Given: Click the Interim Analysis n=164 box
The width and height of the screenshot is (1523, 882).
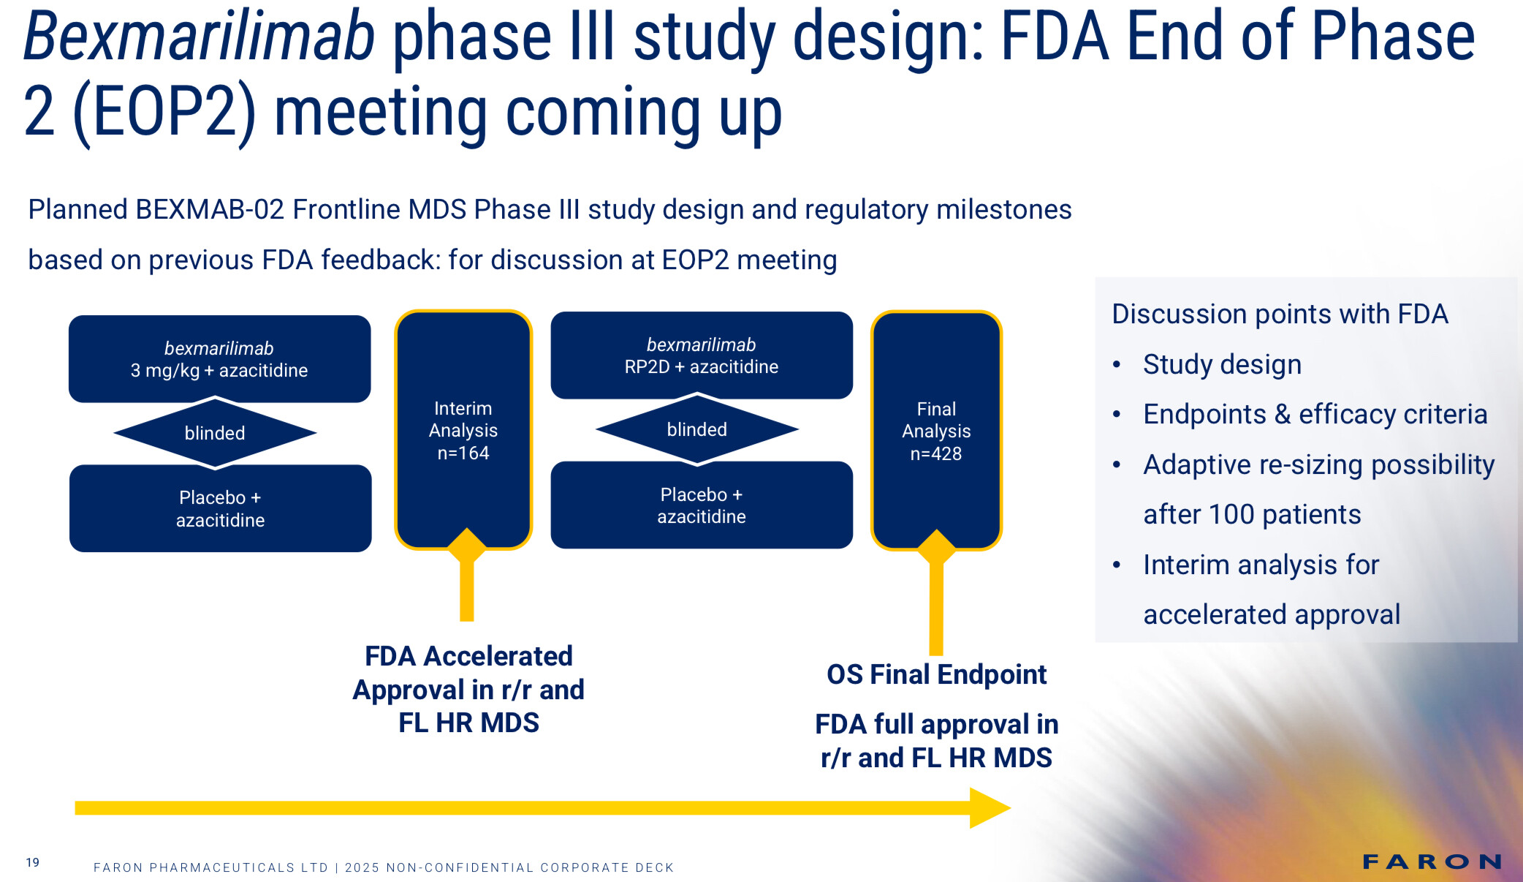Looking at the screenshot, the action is click(x=463, y=430).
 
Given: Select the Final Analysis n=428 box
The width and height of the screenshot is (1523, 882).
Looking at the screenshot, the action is click(x=936, y=430).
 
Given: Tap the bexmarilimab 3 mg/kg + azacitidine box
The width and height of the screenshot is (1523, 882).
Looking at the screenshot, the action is click(x=219, y=358).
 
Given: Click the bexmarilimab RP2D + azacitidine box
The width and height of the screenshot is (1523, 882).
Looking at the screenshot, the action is click(x=702, y=355).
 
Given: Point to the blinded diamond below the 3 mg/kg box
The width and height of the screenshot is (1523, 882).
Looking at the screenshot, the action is click(x=215, y=433).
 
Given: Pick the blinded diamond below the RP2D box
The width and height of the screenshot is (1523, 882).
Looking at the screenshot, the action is click(x=697, y=429).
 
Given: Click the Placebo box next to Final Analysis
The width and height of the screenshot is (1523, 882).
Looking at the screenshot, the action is click(x=702, y=505).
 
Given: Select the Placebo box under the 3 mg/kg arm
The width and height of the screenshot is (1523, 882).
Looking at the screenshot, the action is click(x=220, y=508).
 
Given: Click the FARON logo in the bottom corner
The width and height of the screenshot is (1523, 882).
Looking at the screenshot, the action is click(x=1432, y=862).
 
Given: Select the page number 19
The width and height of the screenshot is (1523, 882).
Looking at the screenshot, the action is click(x=33, y=862).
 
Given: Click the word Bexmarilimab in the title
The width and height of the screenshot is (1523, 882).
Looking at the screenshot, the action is click(x=199, y=37).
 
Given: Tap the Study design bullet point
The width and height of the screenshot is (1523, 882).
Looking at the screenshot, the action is click(x=1223, y=364).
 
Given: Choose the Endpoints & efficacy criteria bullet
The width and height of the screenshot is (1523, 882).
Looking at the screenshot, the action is click(x=1315, y=414).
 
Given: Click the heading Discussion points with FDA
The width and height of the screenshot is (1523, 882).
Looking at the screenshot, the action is click(x=1280, y=314).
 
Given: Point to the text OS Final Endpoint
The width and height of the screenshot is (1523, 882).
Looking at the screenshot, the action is click(x=936, y=674).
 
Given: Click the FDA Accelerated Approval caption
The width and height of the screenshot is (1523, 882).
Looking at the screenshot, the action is click(x=468, y=689).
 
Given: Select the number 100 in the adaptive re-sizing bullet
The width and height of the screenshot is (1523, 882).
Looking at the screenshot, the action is click(x=1231, y=514).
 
